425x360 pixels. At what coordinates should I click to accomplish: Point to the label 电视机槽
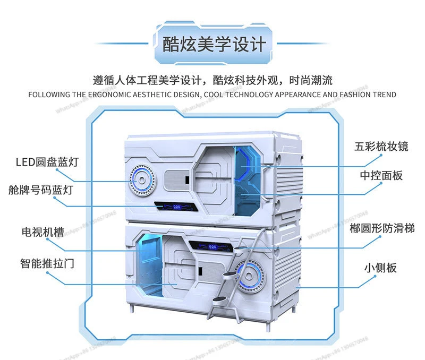(42, 232)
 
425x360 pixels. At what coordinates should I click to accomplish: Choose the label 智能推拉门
(47, 263)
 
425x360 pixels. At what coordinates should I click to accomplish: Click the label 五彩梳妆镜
(381, 147)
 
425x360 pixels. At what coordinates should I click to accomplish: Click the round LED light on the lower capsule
(248, 274)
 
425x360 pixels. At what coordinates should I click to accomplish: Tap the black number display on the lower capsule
(211, 247)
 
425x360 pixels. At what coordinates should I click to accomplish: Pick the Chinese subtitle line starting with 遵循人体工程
(212, 81)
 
